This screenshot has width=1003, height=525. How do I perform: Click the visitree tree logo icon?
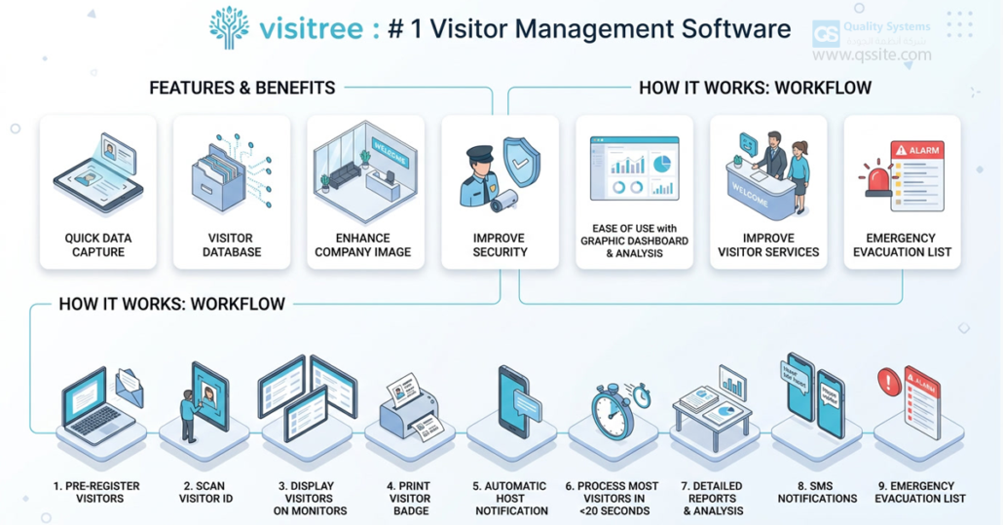click(229, 27)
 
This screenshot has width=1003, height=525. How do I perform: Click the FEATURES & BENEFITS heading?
click(241, 88)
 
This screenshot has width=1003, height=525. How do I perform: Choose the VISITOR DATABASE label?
click(231, 244)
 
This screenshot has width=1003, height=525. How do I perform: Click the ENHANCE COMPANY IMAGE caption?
click(363, 244)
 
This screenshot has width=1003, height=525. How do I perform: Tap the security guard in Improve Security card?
click(479, 176)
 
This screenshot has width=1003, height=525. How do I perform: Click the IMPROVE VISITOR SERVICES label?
click(767, 244)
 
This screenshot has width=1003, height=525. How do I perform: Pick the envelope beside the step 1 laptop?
click(130, 387)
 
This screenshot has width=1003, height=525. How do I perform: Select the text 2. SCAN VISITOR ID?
click(204, 492)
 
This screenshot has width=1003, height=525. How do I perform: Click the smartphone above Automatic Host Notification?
click(513, 401)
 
